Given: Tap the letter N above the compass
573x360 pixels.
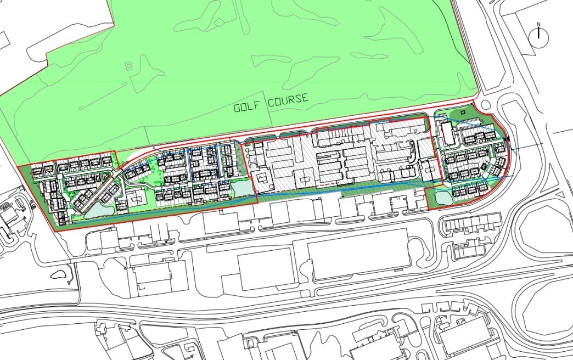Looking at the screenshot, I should pyautogui.click(x=538, y=24).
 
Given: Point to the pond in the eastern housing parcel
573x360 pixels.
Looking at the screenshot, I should pyautogui.click(x=442, y=197).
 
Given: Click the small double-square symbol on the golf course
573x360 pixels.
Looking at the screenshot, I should pyautogui.click(x=129, y=66).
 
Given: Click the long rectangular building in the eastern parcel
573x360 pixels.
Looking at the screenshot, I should pyautogui.click(x=446, y=134).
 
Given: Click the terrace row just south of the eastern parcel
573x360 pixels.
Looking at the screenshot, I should pyautogui.click(x=472, y=222).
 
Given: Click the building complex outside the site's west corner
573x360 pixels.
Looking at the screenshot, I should pyautogui.click(x=11, y=217).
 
